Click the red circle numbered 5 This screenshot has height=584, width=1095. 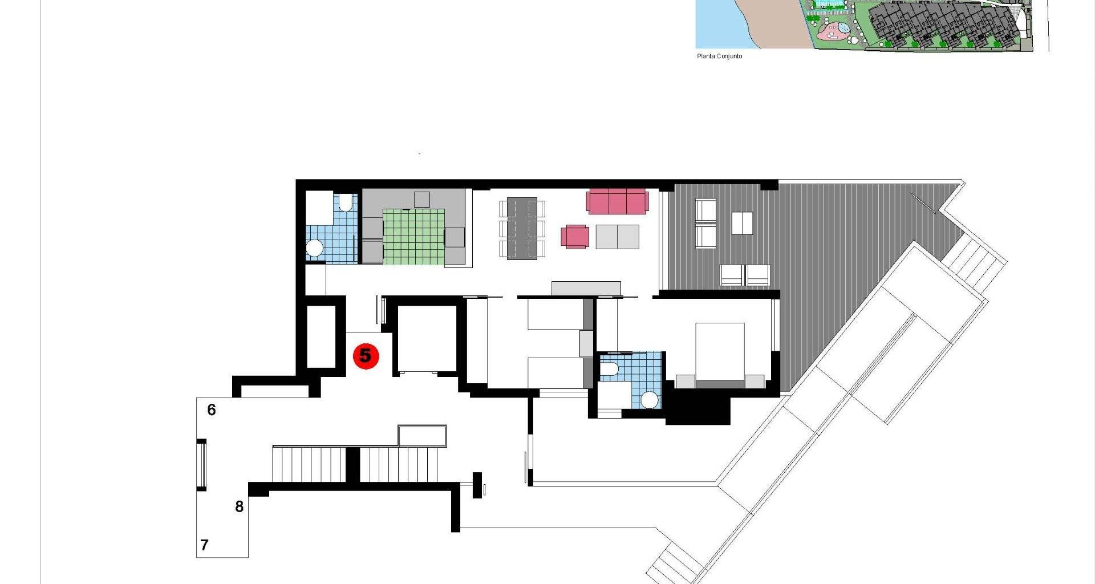click(366, 356)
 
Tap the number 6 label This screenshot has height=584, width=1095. click(212, 409)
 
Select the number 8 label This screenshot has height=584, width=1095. click(240, 506)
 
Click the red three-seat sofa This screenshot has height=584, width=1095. click(618, 202)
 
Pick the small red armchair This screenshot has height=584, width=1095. click(575, 237)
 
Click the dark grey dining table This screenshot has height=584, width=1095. click(522, 228)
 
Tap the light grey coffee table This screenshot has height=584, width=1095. click(617, 237)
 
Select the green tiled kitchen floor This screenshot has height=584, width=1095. click(413, 237)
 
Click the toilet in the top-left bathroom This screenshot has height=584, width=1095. click(346, 202)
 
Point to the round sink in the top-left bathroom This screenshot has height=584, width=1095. click(314, 248)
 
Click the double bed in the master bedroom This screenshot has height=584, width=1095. click(720, 355)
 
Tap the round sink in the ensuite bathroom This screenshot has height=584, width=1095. click(649, 399)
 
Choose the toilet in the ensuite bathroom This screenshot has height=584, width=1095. click(609, 370)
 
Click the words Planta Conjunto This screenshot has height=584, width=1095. click(720, 56)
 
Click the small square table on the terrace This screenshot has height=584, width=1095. click(742, 223)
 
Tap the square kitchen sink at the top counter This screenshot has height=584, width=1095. click(422, 200)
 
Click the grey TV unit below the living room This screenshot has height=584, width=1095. click(586, 288)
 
